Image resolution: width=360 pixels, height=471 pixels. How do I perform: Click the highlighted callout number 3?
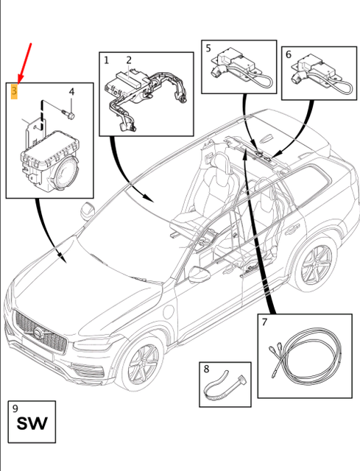[14, 91]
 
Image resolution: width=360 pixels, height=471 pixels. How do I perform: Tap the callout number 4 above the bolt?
[71, 92]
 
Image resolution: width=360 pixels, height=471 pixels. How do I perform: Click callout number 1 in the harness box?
[106, 60]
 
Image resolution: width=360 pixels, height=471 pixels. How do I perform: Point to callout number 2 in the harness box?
[129, 60]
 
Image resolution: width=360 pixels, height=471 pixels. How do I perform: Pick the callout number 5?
[208, 48]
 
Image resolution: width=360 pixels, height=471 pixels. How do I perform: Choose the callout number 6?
[289, 54]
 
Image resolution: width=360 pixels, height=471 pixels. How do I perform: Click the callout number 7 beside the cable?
[264, 322]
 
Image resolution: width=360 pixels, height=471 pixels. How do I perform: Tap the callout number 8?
[206, 369]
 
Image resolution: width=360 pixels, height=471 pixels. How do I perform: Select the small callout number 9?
[15, 408]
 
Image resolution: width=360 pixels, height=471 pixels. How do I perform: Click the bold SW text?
[32, 424]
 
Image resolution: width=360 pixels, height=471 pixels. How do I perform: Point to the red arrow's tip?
[18, 82]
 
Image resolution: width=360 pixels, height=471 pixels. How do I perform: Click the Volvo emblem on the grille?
[38, 333]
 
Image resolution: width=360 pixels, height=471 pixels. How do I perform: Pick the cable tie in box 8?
[225, 386]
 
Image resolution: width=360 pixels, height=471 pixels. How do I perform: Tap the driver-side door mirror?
[200, 275]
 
